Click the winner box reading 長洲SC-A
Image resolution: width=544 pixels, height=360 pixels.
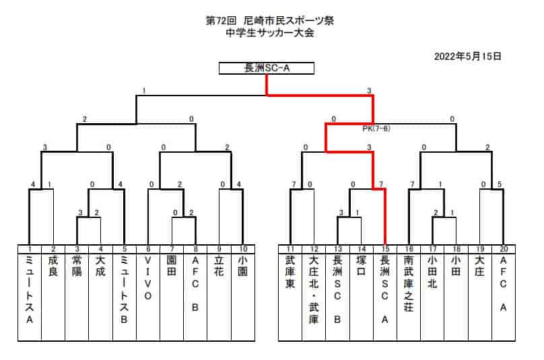coord(267,68)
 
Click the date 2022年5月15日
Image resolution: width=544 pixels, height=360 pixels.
coord(468,56)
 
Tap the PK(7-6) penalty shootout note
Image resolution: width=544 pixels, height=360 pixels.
coord(376,129)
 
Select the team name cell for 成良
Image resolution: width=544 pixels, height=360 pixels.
coord(53,297)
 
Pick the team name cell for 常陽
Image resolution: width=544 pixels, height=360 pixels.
coord(77,297)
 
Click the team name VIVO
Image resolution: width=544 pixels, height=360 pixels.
coord(148,278)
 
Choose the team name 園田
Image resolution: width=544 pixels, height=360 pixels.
coord(172,266)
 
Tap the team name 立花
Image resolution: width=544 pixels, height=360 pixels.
coord(219,266)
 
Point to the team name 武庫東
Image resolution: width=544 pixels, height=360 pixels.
coord(290,272)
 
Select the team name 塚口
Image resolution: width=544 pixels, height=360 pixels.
coord(361,266)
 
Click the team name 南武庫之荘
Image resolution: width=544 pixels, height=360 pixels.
coord(409,284)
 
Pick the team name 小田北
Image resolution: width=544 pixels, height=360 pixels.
coord(432,272)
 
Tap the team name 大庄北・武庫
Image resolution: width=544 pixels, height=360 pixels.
coord(314,290)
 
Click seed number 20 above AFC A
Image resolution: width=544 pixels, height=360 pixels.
coord(504,249)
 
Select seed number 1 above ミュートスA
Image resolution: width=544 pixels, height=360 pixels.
coord(30,249)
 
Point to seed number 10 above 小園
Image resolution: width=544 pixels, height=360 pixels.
coord(243,249)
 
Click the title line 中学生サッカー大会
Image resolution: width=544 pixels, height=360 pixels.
coord(270,33)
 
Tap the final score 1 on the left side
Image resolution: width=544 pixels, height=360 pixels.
coord(144,91)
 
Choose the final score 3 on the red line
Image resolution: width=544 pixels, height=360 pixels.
coord(369,91)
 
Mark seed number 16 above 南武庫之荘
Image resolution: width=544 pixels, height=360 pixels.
coord(409,249)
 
